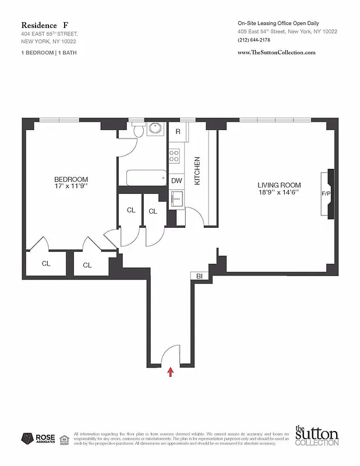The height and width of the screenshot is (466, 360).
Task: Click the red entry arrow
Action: [x=171, y=372]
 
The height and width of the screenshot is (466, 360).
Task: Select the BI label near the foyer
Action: [x=199, y=276]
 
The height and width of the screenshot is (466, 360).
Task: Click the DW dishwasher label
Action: [x=177, y=181]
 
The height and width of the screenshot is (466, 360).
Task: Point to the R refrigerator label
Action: [x=178, y=132]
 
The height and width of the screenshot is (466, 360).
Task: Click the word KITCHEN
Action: [x=197, y=171]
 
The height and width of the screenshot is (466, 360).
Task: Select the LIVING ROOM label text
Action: [x=278, y=185]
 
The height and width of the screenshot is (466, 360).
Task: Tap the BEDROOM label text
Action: [x=71, y=179]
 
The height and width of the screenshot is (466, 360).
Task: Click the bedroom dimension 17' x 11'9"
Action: [x=71, y=186]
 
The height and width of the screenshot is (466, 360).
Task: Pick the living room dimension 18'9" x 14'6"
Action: [x=278, y=193]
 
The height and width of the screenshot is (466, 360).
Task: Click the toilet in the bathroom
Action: [x=137, y=131]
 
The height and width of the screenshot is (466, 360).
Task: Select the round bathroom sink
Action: [x=156, y=129]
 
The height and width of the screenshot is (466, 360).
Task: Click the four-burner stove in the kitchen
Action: [x=174, y=155]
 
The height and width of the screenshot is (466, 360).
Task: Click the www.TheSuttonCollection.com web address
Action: [x=277, y=52]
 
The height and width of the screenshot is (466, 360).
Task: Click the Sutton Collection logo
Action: [x=316, y=436]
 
